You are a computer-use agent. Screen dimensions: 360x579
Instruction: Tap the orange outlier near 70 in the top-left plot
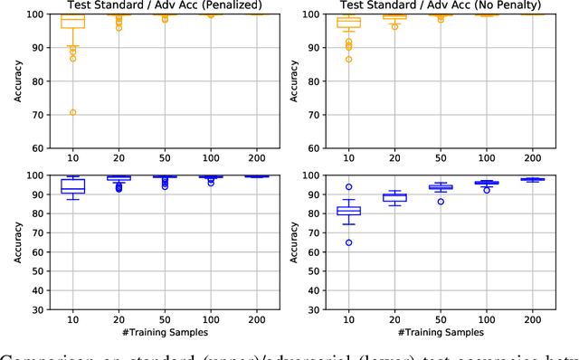coord(72,113)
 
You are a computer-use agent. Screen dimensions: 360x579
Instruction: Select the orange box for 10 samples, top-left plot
coord(72,21)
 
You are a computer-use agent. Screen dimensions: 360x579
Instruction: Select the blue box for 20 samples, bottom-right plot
coord(394,196)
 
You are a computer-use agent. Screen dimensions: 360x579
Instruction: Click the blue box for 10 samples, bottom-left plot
coord(72,186)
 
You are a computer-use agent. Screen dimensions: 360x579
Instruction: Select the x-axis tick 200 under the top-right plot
coord(531,157)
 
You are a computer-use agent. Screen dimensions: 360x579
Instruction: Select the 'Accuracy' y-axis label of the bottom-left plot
coord(18,242)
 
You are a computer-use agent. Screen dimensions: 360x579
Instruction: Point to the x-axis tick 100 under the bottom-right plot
coord(486,319)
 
